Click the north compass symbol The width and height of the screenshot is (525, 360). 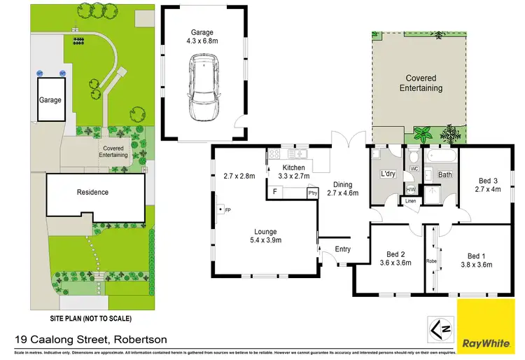coord(439,326)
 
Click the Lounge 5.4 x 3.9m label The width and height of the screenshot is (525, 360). coord(266,236)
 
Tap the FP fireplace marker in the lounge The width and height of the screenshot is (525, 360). coord(225,209)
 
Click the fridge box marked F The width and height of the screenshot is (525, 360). coord(275,191)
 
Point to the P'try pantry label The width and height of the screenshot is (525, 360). coord(313,193)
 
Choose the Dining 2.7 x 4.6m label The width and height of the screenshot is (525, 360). coord(342,189)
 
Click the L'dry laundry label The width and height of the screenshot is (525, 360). coord(388,173)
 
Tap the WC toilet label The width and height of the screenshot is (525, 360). coord(414,169)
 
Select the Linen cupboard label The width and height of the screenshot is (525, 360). coord(412,202)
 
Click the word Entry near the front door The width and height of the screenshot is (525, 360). coord(343,249)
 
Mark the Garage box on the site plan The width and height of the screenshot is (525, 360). coord(50,100)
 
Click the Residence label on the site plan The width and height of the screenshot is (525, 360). coord(92,192)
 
